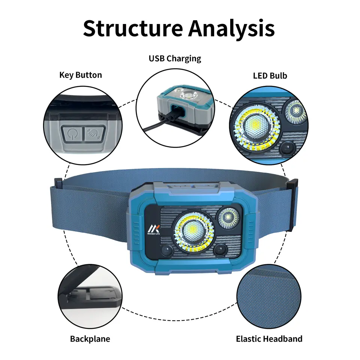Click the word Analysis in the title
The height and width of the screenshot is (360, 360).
point(232,28)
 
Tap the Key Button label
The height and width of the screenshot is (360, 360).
point(81,75)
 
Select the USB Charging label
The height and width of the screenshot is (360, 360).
point(175,58)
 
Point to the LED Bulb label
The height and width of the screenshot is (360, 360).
point(270,75)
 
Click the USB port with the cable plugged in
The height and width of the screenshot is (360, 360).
point(174,112)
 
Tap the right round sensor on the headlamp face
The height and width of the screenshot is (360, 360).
point(220,250)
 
